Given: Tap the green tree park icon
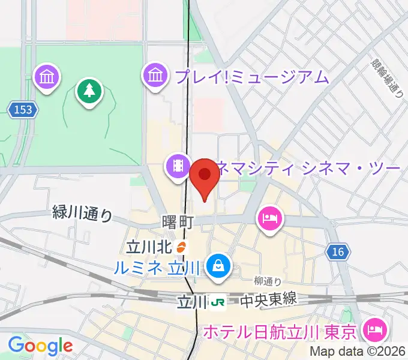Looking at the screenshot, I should [x=89, y=92].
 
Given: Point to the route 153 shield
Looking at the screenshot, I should [x=23, y=109].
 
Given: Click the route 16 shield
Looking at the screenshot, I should [x=338, y=252].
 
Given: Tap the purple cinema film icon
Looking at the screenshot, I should [x=178, y=166].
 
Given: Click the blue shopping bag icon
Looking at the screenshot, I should [x=218, y=266].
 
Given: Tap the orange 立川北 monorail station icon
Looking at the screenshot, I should [x=182, y=246].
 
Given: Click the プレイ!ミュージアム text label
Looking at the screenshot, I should [x=253, y=77].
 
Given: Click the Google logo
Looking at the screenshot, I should [x=40, y=346].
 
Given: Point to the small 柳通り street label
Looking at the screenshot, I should [x=267, y=281].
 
